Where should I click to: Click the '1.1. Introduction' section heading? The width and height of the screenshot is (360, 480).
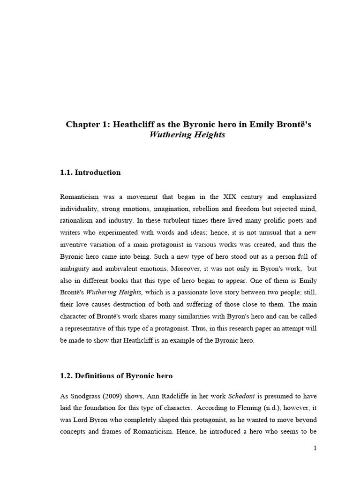[90, 172]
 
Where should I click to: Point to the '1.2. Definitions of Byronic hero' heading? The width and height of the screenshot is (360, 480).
[116, 376]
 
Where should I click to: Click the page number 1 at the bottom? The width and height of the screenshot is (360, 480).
[315, 448]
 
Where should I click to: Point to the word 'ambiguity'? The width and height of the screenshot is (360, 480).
[77, 270]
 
